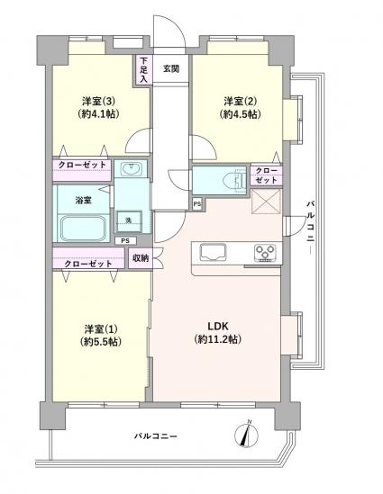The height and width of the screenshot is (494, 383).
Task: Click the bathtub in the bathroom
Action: (82, 228)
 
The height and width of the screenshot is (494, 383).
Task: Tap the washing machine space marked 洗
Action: (127, 221)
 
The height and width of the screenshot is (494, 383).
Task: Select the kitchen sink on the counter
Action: (213, 251)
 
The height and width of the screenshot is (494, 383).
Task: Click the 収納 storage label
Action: (140, 258)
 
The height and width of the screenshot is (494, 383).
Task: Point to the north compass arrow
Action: (246, 435)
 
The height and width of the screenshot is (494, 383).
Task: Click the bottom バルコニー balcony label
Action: (157, 436)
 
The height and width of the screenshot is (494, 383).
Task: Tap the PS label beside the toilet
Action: (197, 204)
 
